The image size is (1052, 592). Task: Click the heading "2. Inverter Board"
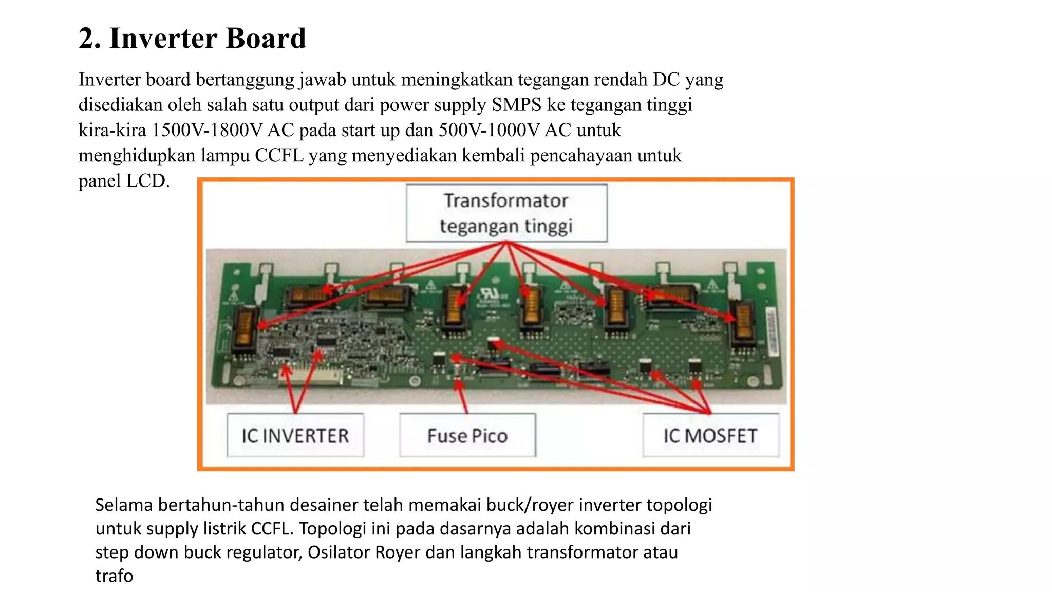click(192, 39)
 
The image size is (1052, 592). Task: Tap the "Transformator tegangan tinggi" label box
click(506, 213)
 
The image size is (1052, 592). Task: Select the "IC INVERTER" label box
click(295, 436)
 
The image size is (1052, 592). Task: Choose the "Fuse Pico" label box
click(467, 436)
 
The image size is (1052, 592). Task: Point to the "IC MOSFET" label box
click(710, 436)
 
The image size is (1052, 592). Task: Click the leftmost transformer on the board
click(246, 328)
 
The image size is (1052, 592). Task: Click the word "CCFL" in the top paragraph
click(279, 155)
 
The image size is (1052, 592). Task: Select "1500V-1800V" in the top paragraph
click(206, 130)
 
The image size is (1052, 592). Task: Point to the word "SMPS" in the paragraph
click(516, 105)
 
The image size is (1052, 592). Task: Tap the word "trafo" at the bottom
click(114, 576)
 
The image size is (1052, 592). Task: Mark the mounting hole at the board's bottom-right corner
click(753, 381)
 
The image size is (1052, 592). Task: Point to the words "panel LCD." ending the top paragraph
click(124, 181)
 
